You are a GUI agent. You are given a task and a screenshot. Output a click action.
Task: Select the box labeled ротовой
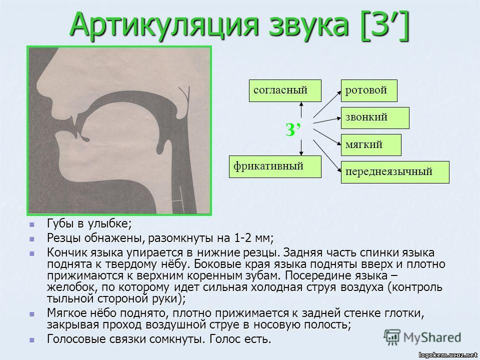pos(369,90)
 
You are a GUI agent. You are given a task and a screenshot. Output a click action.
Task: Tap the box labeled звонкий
pos(374,117)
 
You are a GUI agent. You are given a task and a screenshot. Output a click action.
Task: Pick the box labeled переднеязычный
pos(395,172)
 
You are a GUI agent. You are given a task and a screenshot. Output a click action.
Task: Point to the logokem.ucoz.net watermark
pos(447,354)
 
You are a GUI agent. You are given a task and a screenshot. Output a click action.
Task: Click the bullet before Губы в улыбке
pos(32,223)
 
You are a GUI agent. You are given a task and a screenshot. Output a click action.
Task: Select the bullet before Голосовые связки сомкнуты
pos(32,339)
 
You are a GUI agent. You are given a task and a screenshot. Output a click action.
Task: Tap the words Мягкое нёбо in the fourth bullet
pos(75,313)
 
